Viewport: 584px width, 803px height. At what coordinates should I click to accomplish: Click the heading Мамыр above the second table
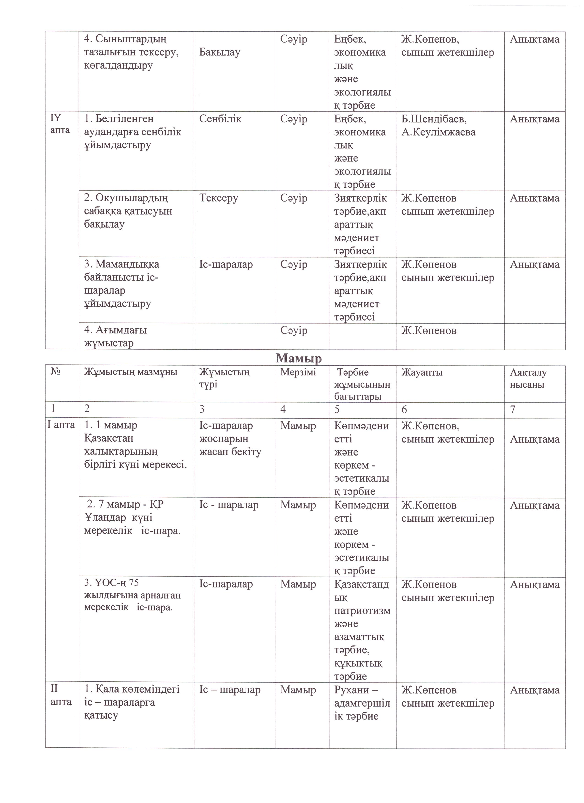[x=299, y=358]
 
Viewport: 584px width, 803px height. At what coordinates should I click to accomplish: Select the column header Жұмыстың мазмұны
[x=130, y=372]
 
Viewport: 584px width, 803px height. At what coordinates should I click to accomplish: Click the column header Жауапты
[x=422, y=372]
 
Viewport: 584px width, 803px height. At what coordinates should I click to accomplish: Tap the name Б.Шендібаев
[x=434, y=119]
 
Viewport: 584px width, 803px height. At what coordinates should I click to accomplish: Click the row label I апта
[x=61, y=425]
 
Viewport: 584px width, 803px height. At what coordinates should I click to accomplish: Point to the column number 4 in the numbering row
[x=283, y=410]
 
